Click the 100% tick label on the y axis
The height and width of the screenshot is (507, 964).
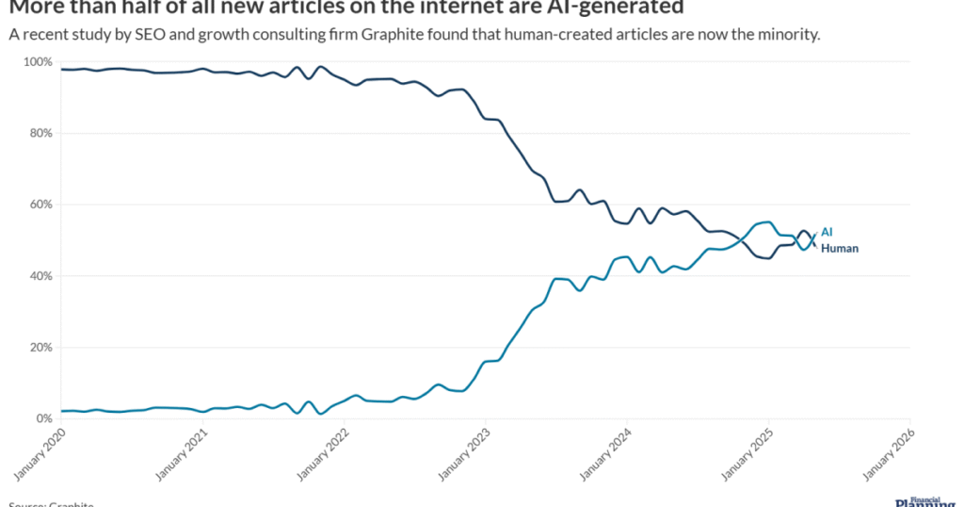tap(37, 62)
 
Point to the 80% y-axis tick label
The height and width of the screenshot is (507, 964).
tap(40, 133)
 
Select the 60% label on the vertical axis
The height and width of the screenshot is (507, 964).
tap(40, 204)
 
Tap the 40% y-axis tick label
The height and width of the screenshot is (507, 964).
tap(40, 276)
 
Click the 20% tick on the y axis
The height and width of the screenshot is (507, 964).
tap(40, 348)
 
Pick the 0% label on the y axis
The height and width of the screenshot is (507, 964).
tap(42, 418)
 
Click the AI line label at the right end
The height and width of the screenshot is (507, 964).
tap(827, 232)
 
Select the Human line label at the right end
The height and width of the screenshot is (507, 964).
tap(840, 248)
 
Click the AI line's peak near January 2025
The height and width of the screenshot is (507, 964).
tap(767, 222)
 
